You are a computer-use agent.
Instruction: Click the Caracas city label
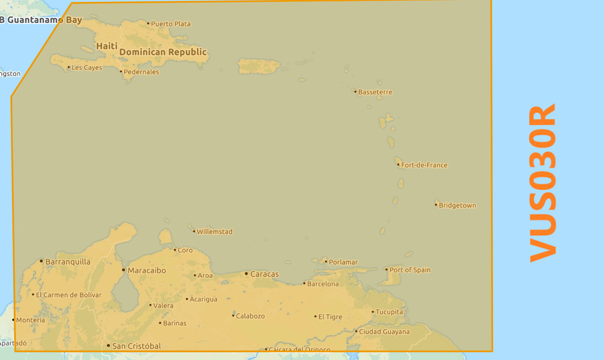point(265,274)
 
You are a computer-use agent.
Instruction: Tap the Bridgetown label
point(457,205)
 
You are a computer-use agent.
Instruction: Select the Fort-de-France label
point(424,165)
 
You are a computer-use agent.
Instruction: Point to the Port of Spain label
point(410,270)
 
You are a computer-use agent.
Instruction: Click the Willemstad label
point(214,231)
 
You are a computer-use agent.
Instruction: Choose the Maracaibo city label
point(147,271)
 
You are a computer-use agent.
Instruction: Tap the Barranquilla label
point(68,262)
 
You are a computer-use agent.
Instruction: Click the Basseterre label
point(375,92)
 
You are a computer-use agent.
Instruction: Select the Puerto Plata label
point(170,24)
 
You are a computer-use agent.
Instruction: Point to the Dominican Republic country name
point(162,52)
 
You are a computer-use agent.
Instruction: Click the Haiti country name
point(107,46)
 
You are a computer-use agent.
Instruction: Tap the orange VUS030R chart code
point(542,184)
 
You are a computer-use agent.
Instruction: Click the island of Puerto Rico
point(259,65)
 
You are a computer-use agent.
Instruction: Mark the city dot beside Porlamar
point(326,262)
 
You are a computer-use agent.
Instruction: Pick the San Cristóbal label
point(137,346)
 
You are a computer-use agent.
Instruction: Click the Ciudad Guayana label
point(384,332)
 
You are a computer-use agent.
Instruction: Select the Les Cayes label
point(86,68)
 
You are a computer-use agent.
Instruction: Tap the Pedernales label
point(141,72)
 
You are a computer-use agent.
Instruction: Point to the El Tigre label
point(330,317)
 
